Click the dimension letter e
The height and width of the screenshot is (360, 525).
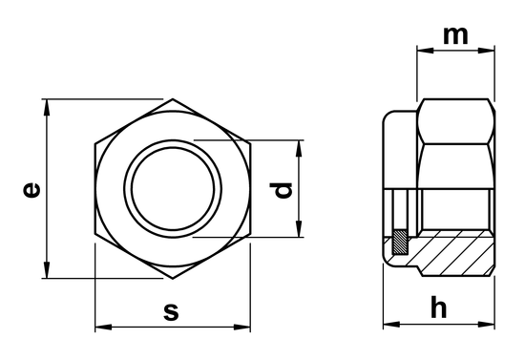[x=32, y=190]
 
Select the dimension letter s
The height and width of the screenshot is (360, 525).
[x=171, y=310]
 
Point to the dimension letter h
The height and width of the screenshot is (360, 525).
[x=438, y=307]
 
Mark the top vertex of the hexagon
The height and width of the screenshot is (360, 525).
[x=173, y=98]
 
